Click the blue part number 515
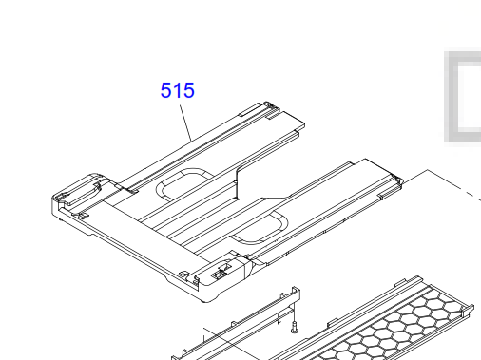(x=178, y=90)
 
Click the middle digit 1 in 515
(x=177, y=90)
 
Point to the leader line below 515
(x=185, y=123)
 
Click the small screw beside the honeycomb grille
(x=295, y=327)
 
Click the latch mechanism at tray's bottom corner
(x=221, y=272)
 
